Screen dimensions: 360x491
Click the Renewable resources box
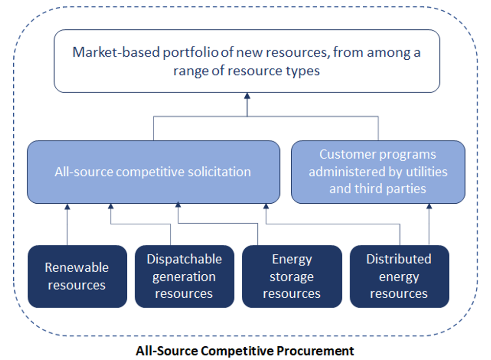(77, 276)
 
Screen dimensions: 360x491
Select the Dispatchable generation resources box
(184, 276)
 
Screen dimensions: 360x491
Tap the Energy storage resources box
(292, 276)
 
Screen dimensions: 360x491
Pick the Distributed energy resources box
(399, 276)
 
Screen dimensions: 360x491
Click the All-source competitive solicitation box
(153, 172)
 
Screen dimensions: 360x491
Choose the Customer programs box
(378, 172)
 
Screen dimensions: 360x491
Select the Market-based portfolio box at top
(247, 61)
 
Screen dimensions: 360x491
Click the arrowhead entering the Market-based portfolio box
(247, 97)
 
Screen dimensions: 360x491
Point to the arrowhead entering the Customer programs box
(429, 207)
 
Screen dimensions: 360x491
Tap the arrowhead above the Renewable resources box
(68, 207)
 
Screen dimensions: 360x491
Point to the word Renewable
(77, 267)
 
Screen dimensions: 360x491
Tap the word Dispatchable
(184, 259)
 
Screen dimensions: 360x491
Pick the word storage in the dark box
(292, 276)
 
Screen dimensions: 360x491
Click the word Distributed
(399, 259)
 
